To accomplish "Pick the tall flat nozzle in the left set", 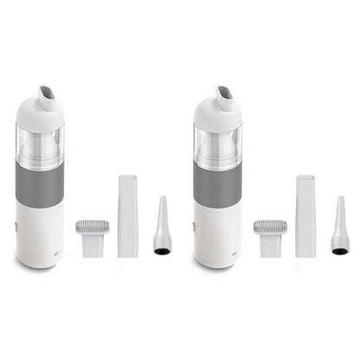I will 127,215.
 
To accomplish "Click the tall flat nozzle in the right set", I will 305,215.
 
